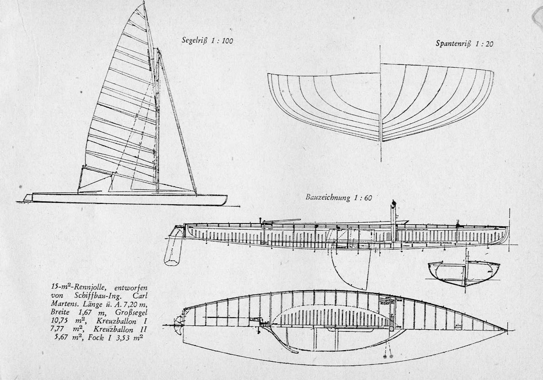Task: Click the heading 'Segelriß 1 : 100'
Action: click(207, 41)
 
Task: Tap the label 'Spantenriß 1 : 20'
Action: click(464, 43)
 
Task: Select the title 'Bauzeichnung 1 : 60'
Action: click(339, 198)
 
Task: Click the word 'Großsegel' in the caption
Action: click(133, 313)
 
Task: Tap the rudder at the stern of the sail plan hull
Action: click(27, 198)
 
